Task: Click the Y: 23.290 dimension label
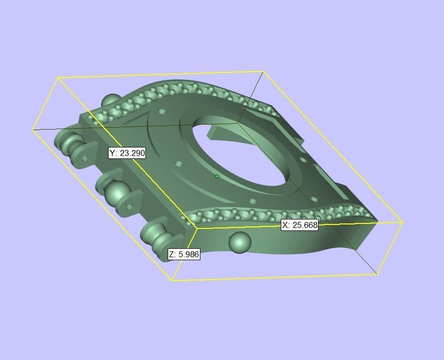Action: pos(127,153)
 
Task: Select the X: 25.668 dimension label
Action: pos(300,225)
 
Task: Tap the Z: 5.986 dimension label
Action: pos(184,254)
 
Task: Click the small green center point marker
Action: pos(217,176)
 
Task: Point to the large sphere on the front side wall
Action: pos(240,242)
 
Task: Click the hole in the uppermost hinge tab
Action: pos(85,158)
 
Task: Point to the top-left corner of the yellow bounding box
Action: pos(58,77)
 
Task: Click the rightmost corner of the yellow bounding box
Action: pos(402,222)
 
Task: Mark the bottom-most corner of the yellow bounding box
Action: pos(172,281)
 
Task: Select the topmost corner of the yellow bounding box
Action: pos(263,72)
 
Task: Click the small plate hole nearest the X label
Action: pos(253,202)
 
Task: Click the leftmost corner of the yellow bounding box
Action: pos(33,130)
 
